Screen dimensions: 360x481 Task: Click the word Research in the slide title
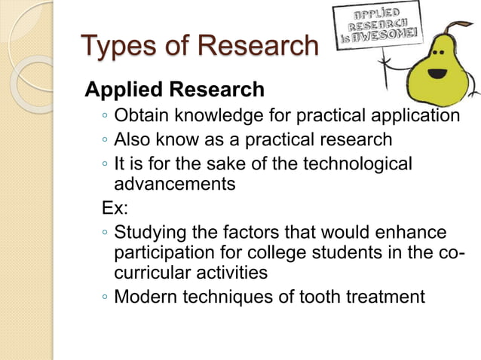(257, 46)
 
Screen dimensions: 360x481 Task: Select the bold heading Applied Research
(174, 90)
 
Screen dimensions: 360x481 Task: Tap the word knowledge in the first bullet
(221, 116)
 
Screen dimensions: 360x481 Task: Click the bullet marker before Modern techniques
(104, 297)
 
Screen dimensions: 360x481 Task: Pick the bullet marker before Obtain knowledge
(104, 117)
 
